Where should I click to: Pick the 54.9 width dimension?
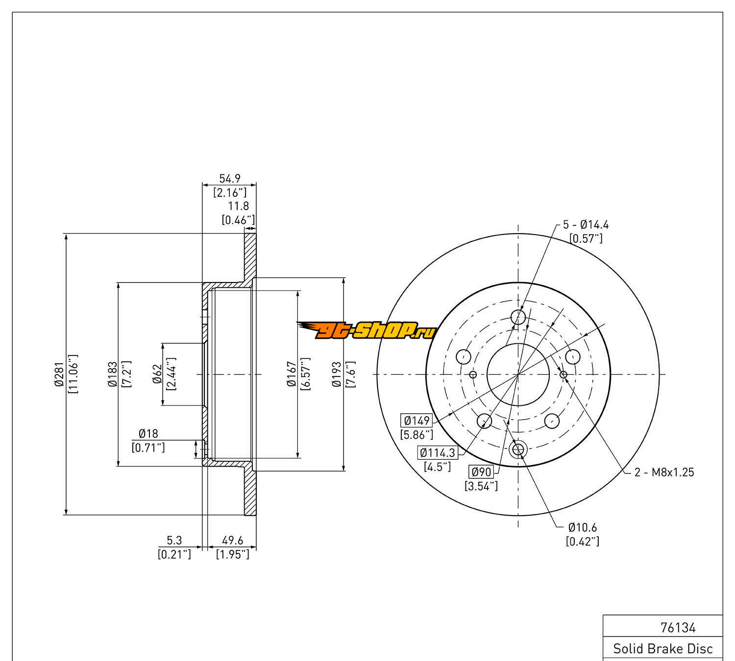[x=229, y=179]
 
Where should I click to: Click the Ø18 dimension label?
[x=148, y=433]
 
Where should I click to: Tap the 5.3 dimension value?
[x=174, y=541]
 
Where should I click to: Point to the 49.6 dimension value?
[x=232, y=541]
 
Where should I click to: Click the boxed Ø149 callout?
[x=416, y=421]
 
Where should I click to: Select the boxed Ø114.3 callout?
[x=437, y=453]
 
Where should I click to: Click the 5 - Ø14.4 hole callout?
[x=586, y=225]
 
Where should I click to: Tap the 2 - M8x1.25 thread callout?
[x=664, y=472]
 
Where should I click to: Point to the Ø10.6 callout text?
[x=583, y=527]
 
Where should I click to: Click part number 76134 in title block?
[x=678, y=628]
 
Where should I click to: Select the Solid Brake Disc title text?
[x=663, y=649]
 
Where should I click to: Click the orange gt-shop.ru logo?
[x=366, y=331]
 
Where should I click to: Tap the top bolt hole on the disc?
[x=518, y=317]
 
